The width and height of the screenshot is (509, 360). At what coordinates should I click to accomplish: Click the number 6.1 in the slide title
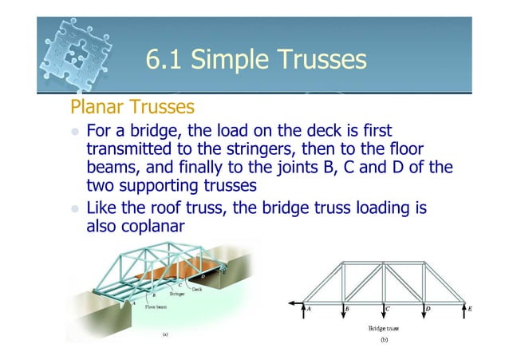point(164,60)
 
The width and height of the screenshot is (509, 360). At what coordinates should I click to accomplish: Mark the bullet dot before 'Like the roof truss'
point(76,210)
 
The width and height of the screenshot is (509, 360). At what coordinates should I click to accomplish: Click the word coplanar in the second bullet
point(147,226)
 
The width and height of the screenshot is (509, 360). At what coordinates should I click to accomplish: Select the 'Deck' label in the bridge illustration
point(196,289)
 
